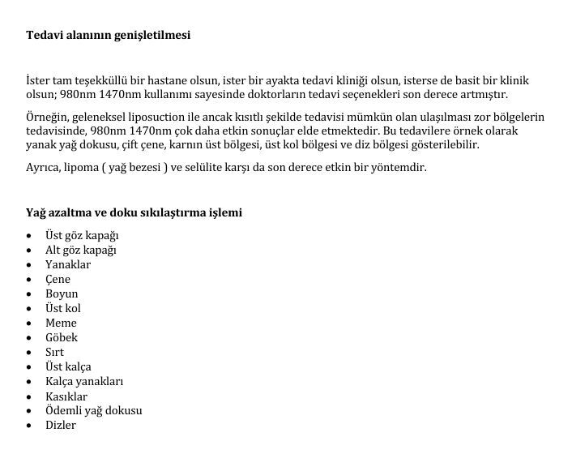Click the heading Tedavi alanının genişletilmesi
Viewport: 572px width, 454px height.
click(x=109, y=36)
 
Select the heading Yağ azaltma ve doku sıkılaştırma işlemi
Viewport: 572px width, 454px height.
click(x=134, y=212)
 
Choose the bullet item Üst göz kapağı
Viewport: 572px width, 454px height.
click(x=82, y=236)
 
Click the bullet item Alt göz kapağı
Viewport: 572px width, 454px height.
click(x=81, y=251)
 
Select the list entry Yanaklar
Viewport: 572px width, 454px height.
click(x=68, y=265)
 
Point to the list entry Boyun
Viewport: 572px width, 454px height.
click(x=62, y=294)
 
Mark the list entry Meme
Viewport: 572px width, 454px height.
click(x=61, y=323)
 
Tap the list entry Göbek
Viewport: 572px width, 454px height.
click(x=62, y=338)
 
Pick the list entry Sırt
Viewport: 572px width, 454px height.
click(x=54, y=353)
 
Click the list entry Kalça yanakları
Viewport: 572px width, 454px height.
click(x=84, y=382)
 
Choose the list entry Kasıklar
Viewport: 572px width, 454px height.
click(x=66, y=396)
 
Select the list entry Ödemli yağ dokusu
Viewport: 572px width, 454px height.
click(x=93, y=411)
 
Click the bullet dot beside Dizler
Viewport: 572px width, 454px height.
click(x=29, y=426)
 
